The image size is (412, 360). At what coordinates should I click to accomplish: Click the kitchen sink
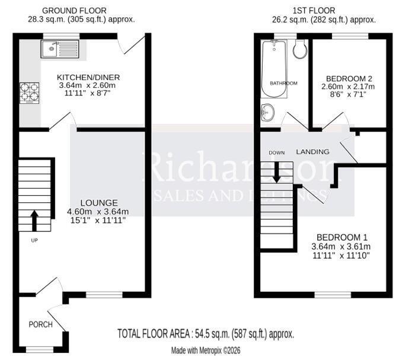pyautogui.click(x=60, y=49)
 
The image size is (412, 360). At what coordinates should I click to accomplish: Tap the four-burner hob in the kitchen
pyautogui.click(x=29, y=93)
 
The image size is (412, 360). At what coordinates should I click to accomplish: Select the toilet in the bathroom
pyautogui.click(x=300, y=49)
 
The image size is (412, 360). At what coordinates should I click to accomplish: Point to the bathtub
pyautogui.click(x=274, y=69)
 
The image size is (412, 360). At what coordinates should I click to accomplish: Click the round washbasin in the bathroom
pyautogui.click(x=267, y=113)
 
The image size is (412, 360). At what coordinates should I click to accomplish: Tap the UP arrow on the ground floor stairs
pyautogui.click(x=34, y=221)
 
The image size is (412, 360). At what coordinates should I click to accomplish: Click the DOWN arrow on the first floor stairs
pyautogui.click(x=276, y=172)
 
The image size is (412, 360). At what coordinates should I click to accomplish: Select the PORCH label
pyautogui.click(x=41, y=324)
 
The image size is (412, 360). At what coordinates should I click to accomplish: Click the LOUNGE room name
pyautogui.click(x=99, y=203)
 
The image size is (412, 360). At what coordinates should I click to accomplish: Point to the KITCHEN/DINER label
pyautogui.click(x=88, y=77)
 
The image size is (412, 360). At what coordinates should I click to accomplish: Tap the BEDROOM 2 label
pyautogui.click(x=349, y=79)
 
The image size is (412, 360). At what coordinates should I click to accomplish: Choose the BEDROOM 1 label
pyautogui.click(x=342, y=237)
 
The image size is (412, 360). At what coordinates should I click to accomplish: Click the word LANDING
pyautogui.click(x=312, y=152)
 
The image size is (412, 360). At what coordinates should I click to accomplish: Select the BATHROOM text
pyautogui.click(x=284, y=84)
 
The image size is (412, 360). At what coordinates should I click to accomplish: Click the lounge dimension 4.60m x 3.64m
pyautogui.click(x=98, y=211)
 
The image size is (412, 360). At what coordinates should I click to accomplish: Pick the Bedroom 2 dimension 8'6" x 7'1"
pyautogui.click(x=348, y=94)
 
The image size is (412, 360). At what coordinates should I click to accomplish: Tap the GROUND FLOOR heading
pyautogui.click(x=74, y=11)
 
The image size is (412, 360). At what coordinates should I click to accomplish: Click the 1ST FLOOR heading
pyautogui.click(x=314, y=11)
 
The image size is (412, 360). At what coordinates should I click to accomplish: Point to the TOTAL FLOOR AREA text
pyautogui.click(x=206, y=334)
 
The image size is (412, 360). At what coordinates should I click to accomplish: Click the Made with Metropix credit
pyautogui.click(x=206, y=351)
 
